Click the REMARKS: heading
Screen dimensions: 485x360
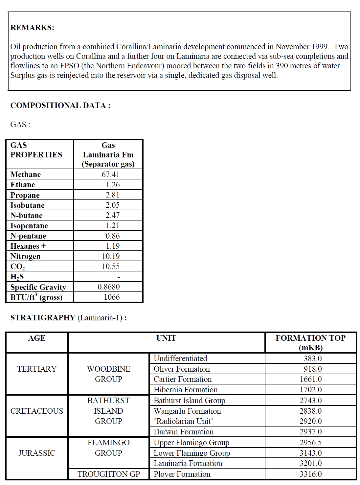click(32, 28)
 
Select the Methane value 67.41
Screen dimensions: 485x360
click(110, 174)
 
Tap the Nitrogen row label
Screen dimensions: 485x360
click(25, 256)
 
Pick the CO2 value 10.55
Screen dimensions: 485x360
click(110, 266)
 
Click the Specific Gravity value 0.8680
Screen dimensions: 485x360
click(108, 287)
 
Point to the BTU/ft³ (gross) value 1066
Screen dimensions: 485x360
click(112, 297)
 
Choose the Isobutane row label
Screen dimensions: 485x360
click(27, 205)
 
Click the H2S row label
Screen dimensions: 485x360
click(17, 277)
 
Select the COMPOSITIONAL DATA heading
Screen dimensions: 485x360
click(60, 105)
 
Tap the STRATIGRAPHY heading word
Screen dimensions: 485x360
click(43, 318)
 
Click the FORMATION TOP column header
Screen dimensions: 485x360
click(310, 342)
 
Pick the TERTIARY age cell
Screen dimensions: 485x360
click(37, 369)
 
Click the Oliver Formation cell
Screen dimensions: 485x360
click(182, 369)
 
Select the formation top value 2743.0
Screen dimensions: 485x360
click(310, 401)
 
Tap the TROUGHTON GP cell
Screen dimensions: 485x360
click(108, 474)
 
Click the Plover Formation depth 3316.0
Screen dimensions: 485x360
click(310, 474)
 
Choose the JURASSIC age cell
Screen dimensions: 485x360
click(37, 453)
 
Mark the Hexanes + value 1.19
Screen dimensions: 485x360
click(113, 246)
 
